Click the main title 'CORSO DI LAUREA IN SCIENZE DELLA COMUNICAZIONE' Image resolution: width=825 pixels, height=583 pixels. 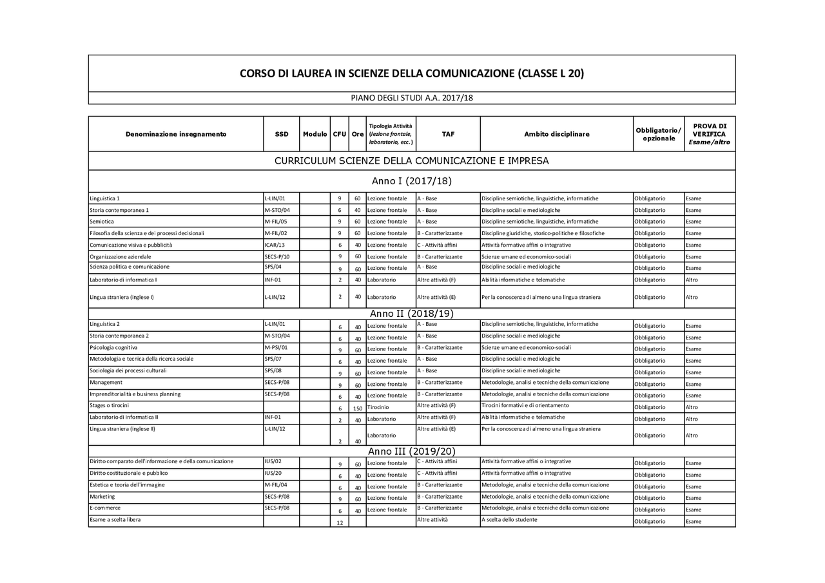click(x=411, y=73)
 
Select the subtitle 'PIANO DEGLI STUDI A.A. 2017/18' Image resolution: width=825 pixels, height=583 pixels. click(x=411, y=98)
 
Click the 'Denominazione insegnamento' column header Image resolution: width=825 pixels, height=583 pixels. click(x=176, y=134)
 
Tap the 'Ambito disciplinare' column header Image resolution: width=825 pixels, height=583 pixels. click(x=556, y=134)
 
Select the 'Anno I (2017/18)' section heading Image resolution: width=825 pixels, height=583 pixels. click(x=411, y=181)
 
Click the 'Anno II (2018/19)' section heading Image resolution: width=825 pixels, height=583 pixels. click(x=411, y=314)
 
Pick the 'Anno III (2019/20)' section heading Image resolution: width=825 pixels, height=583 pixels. click(x=411, y=452)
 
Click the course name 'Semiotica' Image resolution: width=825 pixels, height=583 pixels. click(x=102, y=222)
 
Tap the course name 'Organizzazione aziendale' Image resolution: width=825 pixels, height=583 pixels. click(x=121, y=256)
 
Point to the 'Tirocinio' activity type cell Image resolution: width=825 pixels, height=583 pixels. click(x=378, y=407)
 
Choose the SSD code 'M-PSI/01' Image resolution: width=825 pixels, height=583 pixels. click(x=276, y=347)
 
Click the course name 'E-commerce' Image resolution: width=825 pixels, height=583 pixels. click(x=105, y=508)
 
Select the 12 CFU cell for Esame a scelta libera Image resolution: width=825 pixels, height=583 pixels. click(x=340, y=522)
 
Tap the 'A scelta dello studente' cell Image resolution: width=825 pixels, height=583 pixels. click(x=509, y=519)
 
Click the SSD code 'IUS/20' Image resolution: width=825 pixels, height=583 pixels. click(x=273, y=473)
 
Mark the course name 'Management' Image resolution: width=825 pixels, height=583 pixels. click(x=106, y=382)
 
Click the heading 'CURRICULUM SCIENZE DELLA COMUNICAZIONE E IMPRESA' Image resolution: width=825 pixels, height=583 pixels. click(x=411, y=161)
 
